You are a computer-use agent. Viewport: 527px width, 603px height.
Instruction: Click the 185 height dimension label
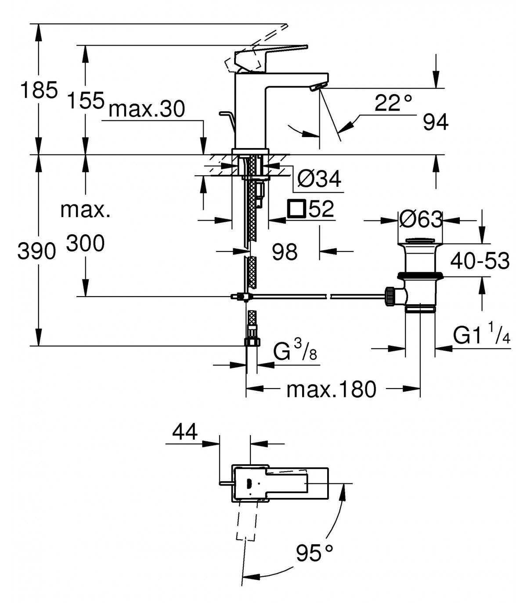[x=39, y=90]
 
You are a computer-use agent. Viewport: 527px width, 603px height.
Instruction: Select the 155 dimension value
[x=86, y=100]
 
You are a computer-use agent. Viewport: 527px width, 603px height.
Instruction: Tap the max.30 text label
[x=147, y=109]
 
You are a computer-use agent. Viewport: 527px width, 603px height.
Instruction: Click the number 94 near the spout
[x=436, y=122]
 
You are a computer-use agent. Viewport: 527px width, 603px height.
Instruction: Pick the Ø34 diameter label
[x=319, y=178]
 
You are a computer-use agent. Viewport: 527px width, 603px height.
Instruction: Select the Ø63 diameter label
[x=420, y=219]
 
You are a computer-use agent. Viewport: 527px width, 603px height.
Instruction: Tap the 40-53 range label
[x=480, y=260]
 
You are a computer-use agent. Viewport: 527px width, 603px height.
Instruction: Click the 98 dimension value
[x=285, y=252]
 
